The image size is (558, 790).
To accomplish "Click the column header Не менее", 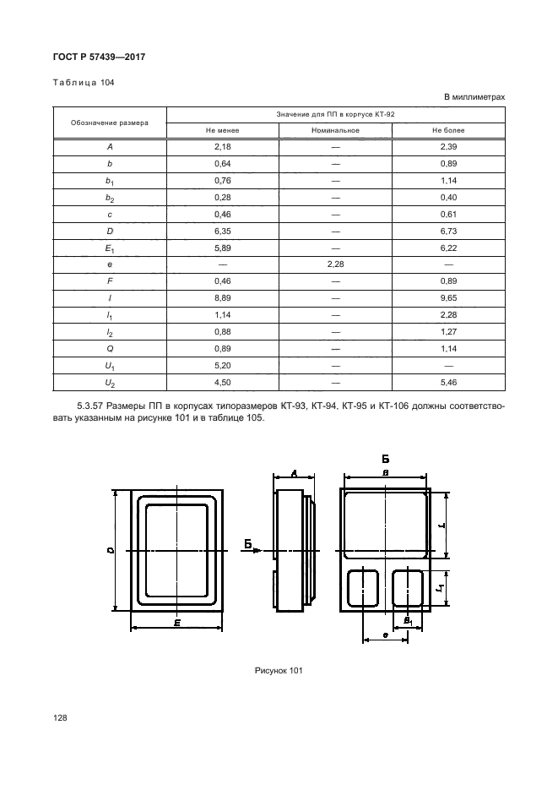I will (223, 131).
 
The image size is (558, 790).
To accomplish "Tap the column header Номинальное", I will (335, 131).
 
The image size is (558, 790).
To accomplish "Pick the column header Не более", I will (448, 131).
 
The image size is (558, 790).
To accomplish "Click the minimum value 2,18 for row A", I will (223, 147).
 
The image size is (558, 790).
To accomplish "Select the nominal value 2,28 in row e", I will (335, 264).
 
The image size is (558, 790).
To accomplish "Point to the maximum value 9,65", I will (448, 297).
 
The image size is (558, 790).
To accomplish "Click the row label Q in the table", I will (110, 348).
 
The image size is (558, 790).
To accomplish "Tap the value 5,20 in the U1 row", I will (223, 365).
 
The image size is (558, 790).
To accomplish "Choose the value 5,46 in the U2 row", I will (448, 382).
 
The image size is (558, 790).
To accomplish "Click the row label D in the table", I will (110, 231).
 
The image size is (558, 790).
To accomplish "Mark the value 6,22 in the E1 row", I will (448, 248).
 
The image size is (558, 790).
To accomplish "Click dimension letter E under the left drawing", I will (176, 624).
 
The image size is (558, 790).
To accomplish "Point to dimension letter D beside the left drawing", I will (111, 550).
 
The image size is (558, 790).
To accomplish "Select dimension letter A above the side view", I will (292, 474).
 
